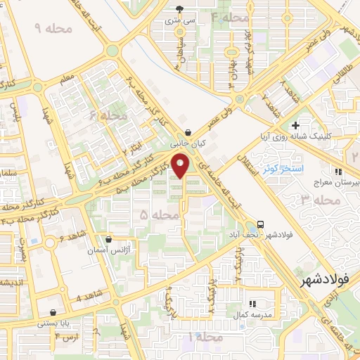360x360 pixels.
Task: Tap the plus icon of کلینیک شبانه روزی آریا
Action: click(x=296, y=124)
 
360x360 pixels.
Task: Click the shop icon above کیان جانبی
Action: click(x=188, y=132)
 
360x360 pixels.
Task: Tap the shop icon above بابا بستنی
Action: click(x=53, y=312)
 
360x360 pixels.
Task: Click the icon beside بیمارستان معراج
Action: click(x=338, y=171)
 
